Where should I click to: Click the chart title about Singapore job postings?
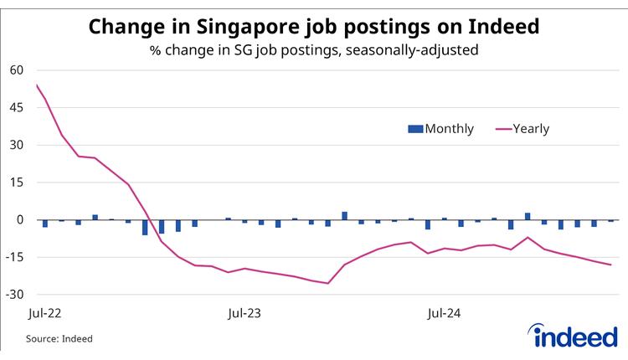click(x=314, y=27)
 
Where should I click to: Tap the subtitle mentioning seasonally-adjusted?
click(x=314, y=50)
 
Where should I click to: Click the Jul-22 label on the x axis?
click(x=45, y=314)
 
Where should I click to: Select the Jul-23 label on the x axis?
click(x=245, y=314)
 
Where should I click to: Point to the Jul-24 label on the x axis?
click(x=443, y=314)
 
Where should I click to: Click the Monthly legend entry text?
click(x=450, y=129)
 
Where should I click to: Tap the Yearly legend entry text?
click(x=531, y=129)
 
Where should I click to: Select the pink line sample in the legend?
click(x=503, y=129)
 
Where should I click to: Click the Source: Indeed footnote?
click(x=59, y=339)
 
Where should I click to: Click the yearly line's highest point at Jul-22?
click(x=37, y=85)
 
